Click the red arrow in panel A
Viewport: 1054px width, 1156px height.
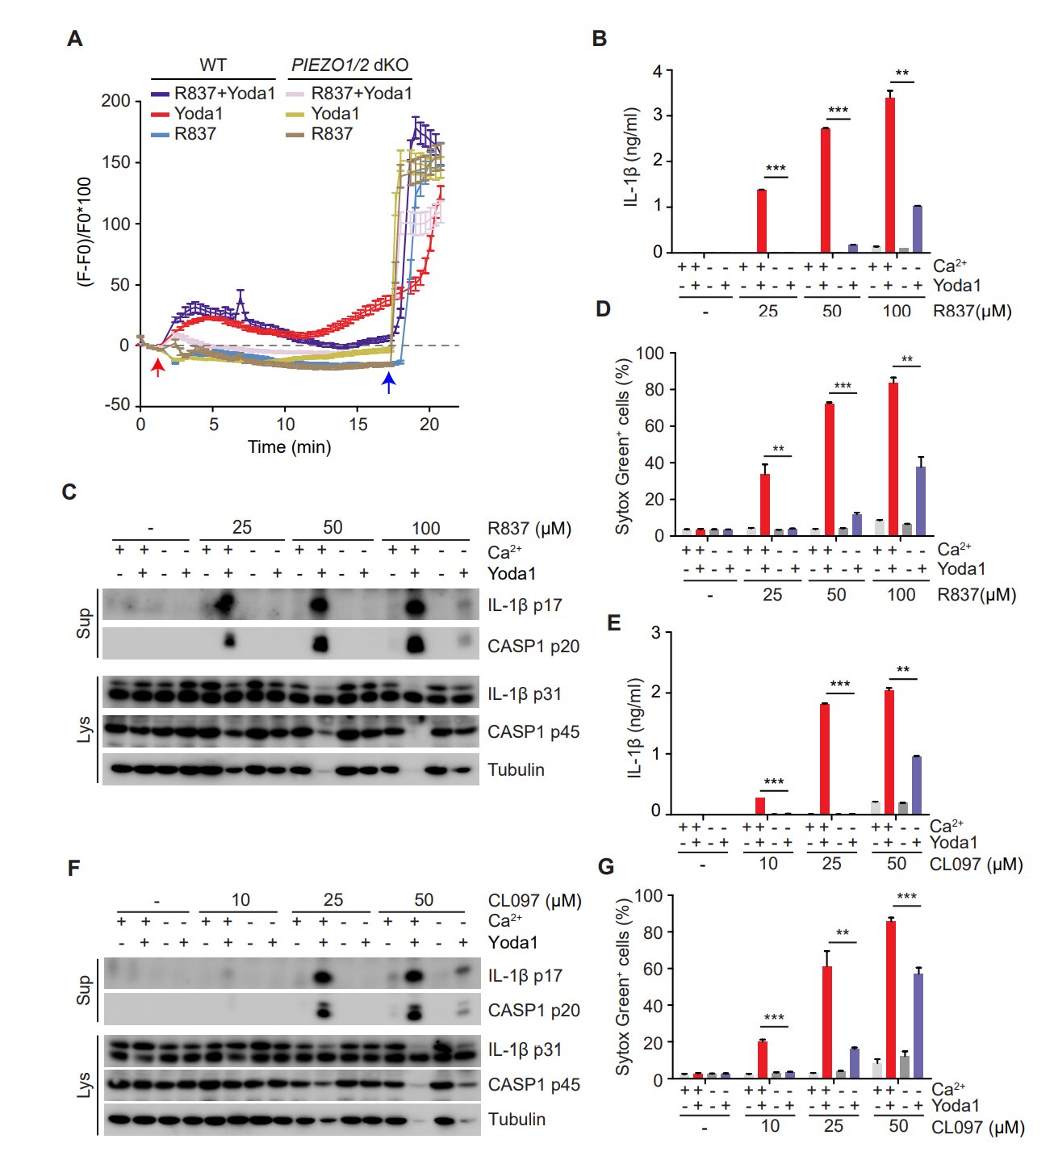[158, 367]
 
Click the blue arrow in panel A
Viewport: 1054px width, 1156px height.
[389, 381]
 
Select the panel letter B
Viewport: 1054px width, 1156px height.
[599, 39]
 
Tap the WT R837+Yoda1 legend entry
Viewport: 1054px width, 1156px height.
[214, 94]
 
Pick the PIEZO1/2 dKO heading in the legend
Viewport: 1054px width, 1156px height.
[349, 65]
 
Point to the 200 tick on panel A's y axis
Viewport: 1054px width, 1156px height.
[115, 101]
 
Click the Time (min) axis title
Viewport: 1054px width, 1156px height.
[289, 447]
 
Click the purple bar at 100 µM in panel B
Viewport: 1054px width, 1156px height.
[917, 229]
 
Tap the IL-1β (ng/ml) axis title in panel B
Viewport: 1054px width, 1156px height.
[632, 157]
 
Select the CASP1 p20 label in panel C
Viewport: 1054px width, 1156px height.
[533, 646]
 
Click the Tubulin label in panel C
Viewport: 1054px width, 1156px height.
[516, 769]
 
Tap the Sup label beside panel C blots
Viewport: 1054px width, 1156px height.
[83, 623]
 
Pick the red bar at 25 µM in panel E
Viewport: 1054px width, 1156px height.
[825, 759]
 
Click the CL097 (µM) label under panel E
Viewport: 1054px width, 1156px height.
[976, 865]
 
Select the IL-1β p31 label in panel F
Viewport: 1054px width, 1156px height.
[525, 1049]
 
